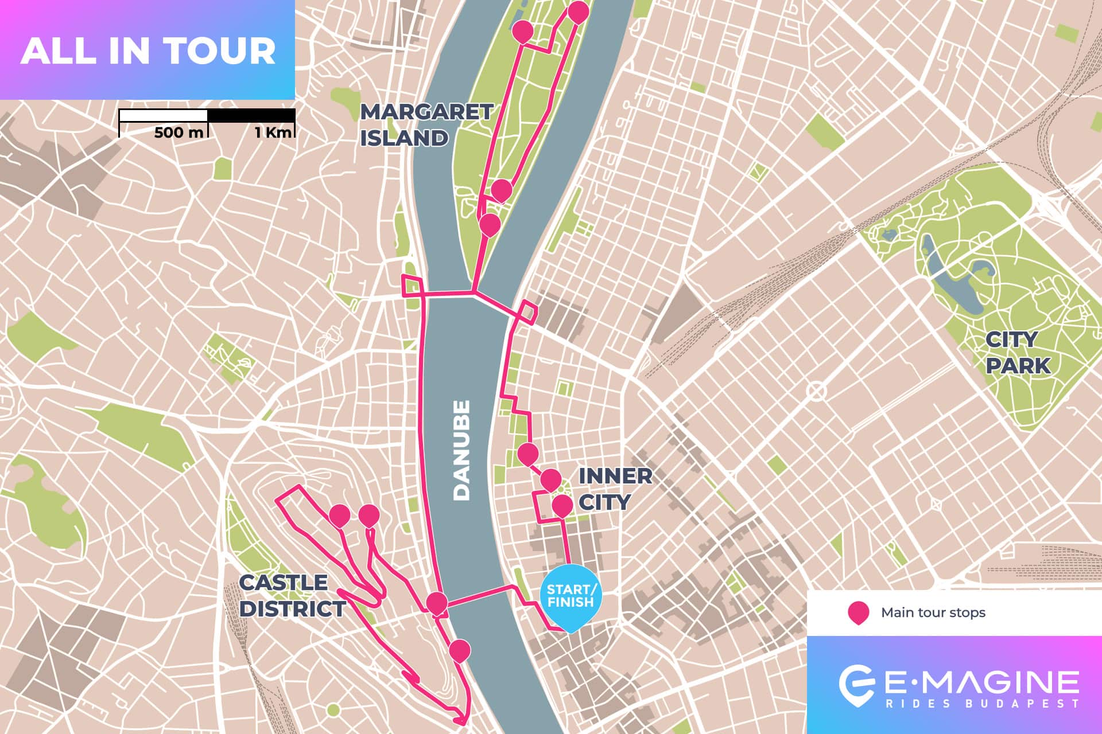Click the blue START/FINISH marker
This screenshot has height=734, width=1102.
571,595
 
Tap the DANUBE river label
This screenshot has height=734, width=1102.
461,450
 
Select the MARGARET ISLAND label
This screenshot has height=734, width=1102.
425,124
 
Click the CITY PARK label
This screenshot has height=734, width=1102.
1018,352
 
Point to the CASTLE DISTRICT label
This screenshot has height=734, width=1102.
292,595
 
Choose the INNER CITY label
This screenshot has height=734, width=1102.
615,489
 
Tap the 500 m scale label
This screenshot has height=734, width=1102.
179,132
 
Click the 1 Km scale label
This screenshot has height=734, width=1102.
274,132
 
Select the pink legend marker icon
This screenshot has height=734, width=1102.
858,612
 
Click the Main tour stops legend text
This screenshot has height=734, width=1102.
933,612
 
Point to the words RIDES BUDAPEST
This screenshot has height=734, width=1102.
982,704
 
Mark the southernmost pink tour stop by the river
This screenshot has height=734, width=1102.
459,650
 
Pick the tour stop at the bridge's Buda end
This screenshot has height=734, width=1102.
437,603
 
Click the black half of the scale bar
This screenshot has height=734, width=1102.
251,115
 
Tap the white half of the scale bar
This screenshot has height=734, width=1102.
163,115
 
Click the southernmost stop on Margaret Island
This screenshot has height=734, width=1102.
490,224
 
